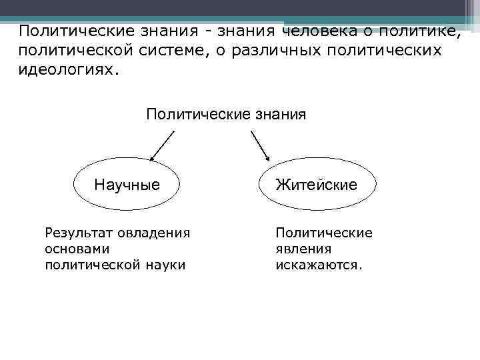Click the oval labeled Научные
pyautogui.click(x=127, y=184)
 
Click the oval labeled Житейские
pyautogui.click(x=317, y=184)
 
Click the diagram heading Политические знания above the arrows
pyautogui.click(x=226, y=114)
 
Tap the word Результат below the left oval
pyautogui.click(x=78, y=233)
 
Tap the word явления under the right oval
pyautogui.click(x=303, y=249)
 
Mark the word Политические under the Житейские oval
pyautogui.click(x=324, y=233)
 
